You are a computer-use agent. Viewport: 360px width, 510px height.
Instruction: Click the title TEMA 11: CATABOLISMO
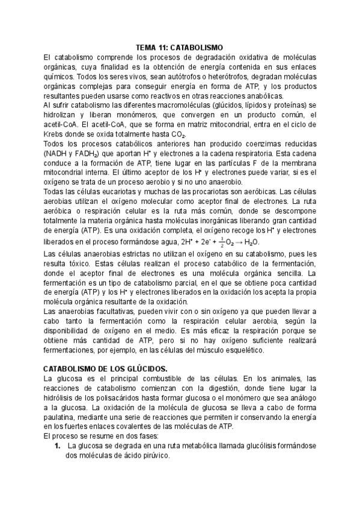[180, 47]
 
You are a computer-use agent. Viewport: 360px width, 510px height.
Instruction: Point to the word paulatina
[64, 417]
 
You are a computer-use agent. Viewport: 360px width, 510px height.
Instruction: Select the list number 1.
[58, 446]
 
